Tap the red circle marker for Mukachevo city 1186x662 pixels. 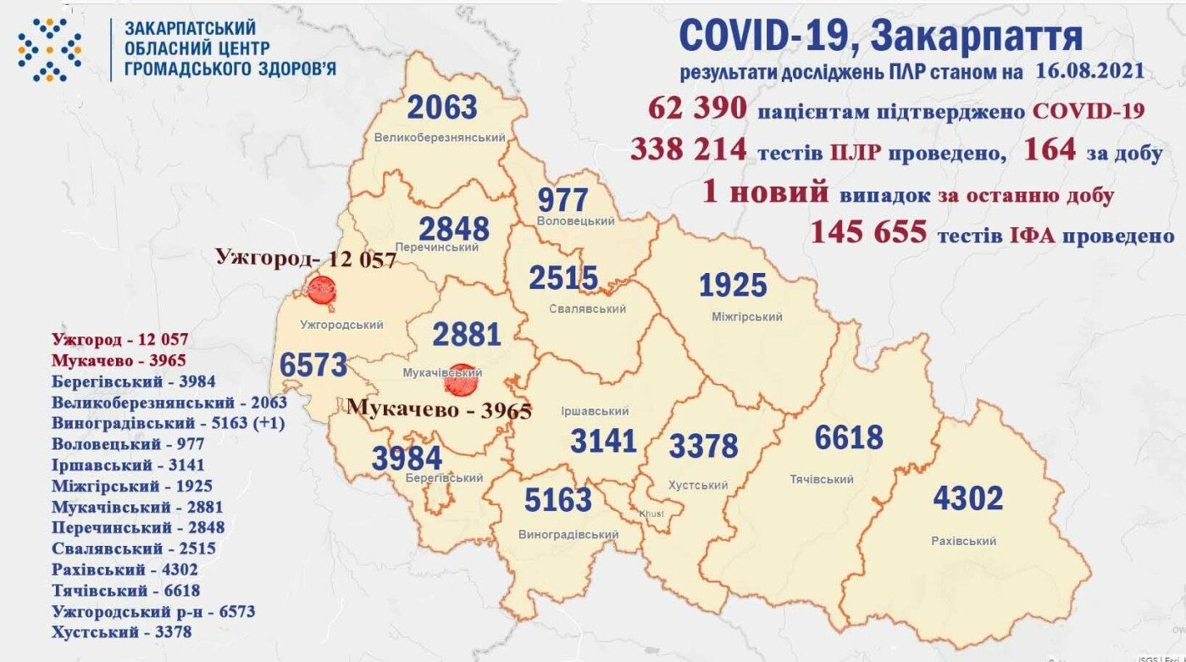pyautogui.click(x=461, y=380)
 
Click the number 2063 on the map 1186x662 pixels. pyautogui.click(x=442, y=108)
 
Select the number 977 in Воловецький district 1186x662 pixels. pyautogui.click(x=563, y=200)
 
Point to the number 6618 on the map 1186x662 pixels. pyautogui.click(x=849, y=438)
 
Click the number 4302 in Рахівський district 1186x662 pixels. pyautogui.click(x=967, y=498)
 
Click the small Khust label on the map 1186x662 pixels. pyautogui.click(x=652, y=515)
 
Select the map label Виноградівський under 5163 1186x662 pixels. pyautogui.click(x=568, y=535)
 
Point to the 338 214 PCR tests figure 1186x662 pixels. pyautogui.click(x=689, y=150)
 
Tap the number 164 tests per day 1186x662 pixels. pyautogui.click(x=1050, y=150)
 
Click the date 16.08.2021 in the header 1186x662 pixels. pyautogui.click(x=1089, y=71)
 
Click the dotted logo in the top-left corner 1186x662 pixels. pyautogui.click(x=50, y=49)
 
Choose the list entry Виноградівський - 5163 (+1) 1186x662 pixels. pyautogui.click(x=168, y=423)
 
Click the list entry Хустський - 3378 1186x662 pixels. pyautogui.click(x=121, y=631)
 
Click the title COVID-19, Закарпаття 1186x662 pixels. pyautogui.click(x=880, y=36)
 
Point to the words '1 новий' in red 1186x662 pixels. pyautogui.click(x=765, y=193)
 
